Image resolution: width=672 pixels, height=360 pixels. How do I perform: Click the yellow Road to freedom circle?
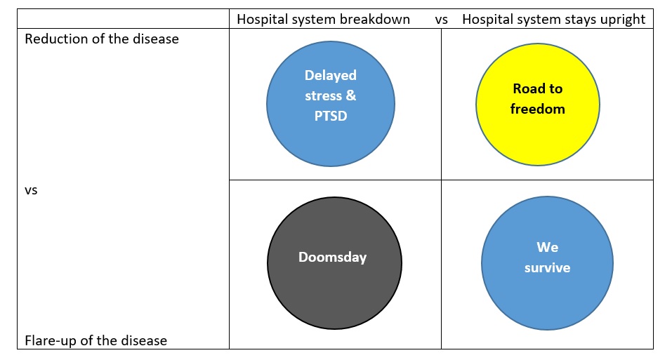pyautogui.click(x=537, y=105)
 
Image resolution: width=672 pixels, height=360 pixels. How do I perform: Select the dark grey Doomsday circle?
pyautogui.click(x=334, y=263)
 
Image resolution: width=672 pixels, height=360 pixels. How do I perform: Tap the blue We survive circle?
pyautogui.click(x=547, y=263)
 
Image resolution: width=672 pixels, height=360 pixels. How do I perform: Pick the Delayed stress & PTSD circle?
pyautogui.click(x=331, y=104)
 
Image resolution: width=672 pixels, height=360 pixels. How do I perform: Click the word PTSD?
pyautogui.click(x=331, y=116)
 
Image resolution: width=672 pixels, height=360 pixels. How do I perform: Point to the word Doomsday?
pyautogui.click(x=333, y=258)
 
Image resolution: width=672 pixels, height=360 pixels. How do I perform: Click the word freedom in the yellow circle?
pyautogui.click(x=537, y=109)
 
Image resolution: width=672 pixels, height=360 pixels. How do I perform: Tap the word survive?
pyautogui.click(x=547, y=267)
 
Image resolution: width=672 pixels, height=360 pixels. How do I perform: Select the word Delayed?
pyautogui.click(x=331, y=76)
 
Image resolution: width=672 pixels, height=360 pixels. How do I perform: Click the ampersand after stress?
pyautogui.click(x=351, y=95)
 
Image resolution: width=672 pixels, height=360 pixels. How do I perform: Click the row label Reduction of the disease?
pyautogui.click(x=102, y=39)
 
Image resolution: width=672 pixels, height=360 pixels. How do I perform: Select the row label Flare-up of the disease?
pyautogui.click(x=96, y=340)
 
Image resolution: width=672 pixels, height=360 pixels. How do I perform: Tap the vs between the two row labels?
pyautogui.click(x=31, y=190)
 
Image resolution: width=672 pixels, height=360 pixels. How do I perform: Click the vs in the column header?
pyautogui.click(x=442, y=20)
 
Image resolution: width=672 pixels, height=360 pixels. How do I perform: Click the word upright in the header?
pyautogui.click(x=624, y=20)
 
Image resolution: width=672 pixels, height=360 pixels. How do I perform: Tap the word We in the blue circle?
pyautogui.click(x=547, y=248)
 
